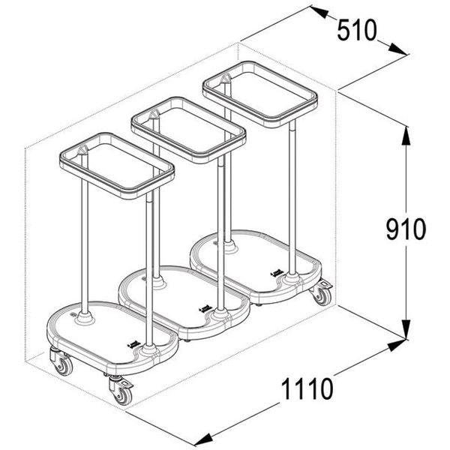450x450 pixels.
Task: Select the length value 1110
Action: [x=307, y=389]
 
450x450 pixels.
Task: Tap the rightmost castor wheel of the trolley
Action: [x=322, y=293]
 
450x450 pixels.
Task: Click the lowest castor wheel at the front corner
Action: [x=121, y=391]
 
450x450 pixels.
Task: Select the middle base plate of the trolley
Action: [x=184, y=296]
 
